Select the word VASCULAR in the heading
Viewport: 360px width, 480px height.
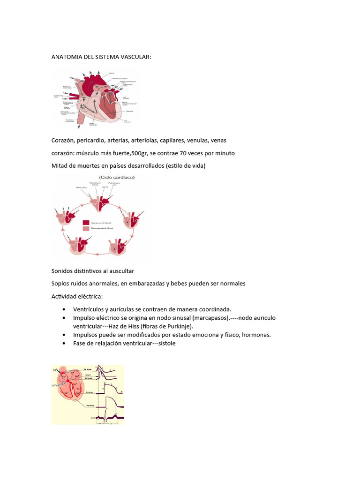click(135, 57)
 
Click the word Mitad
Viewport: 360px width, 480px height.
click(60, 166)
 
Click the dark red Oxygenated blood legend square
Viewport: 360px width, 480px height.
click(86, 222)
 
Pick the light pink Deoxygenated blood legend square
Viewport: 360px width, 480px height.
click(86, 229)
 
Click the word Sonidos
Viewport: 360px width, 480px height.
click(63, 271)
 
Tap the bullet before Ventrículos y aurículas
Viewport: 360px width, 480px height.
click(64, 309)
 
